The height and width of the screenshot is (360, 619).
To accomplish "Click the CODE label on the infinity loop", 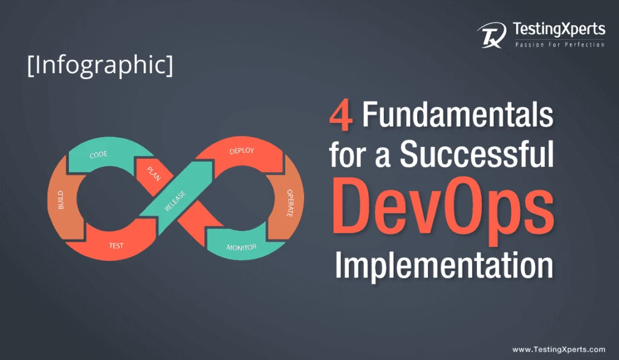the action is [x=99, y=155].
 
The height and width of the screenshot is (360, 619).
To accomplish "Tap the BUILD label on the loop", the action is [x=61, y=200].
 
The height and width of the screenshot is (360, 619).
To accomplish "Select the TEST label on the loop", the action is [x=116, y=246].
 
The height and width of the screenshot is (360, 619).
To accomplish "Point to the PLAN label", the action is [x=154, y=174].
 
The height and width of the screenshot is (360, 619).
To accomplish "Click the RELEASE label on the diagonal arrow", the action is [x=175, y=201].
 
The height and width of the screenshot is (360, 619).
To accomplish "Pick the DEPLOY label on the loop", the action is [x=242, y=150].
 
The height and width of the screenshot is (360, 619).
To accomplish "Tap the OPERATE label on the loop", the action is [x=290, y=203].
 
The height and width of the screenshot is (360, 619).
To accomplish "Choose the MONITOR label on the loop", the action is [x=241, y=247].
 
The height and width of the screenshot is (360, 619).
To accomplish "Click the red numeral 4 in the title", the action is [x=341, y=116].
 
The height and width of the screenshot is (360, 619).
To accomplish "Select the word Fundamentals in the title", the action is [x=458, y=114].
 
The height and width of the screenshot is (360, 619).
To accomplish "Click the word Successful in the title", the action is [x=477, y=154].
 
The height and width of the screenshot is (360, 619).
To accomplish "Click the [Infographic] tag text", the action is [x=100, y=65].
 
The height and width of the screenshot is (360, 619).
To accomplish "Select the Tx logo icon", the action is [x=491, y=35].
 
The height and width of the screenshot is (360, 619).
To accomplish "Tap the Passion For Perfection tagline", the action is [x=560, y=45].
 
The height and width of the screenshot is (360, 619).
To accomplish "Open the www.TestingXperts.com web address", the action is [x=559, y=349].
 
